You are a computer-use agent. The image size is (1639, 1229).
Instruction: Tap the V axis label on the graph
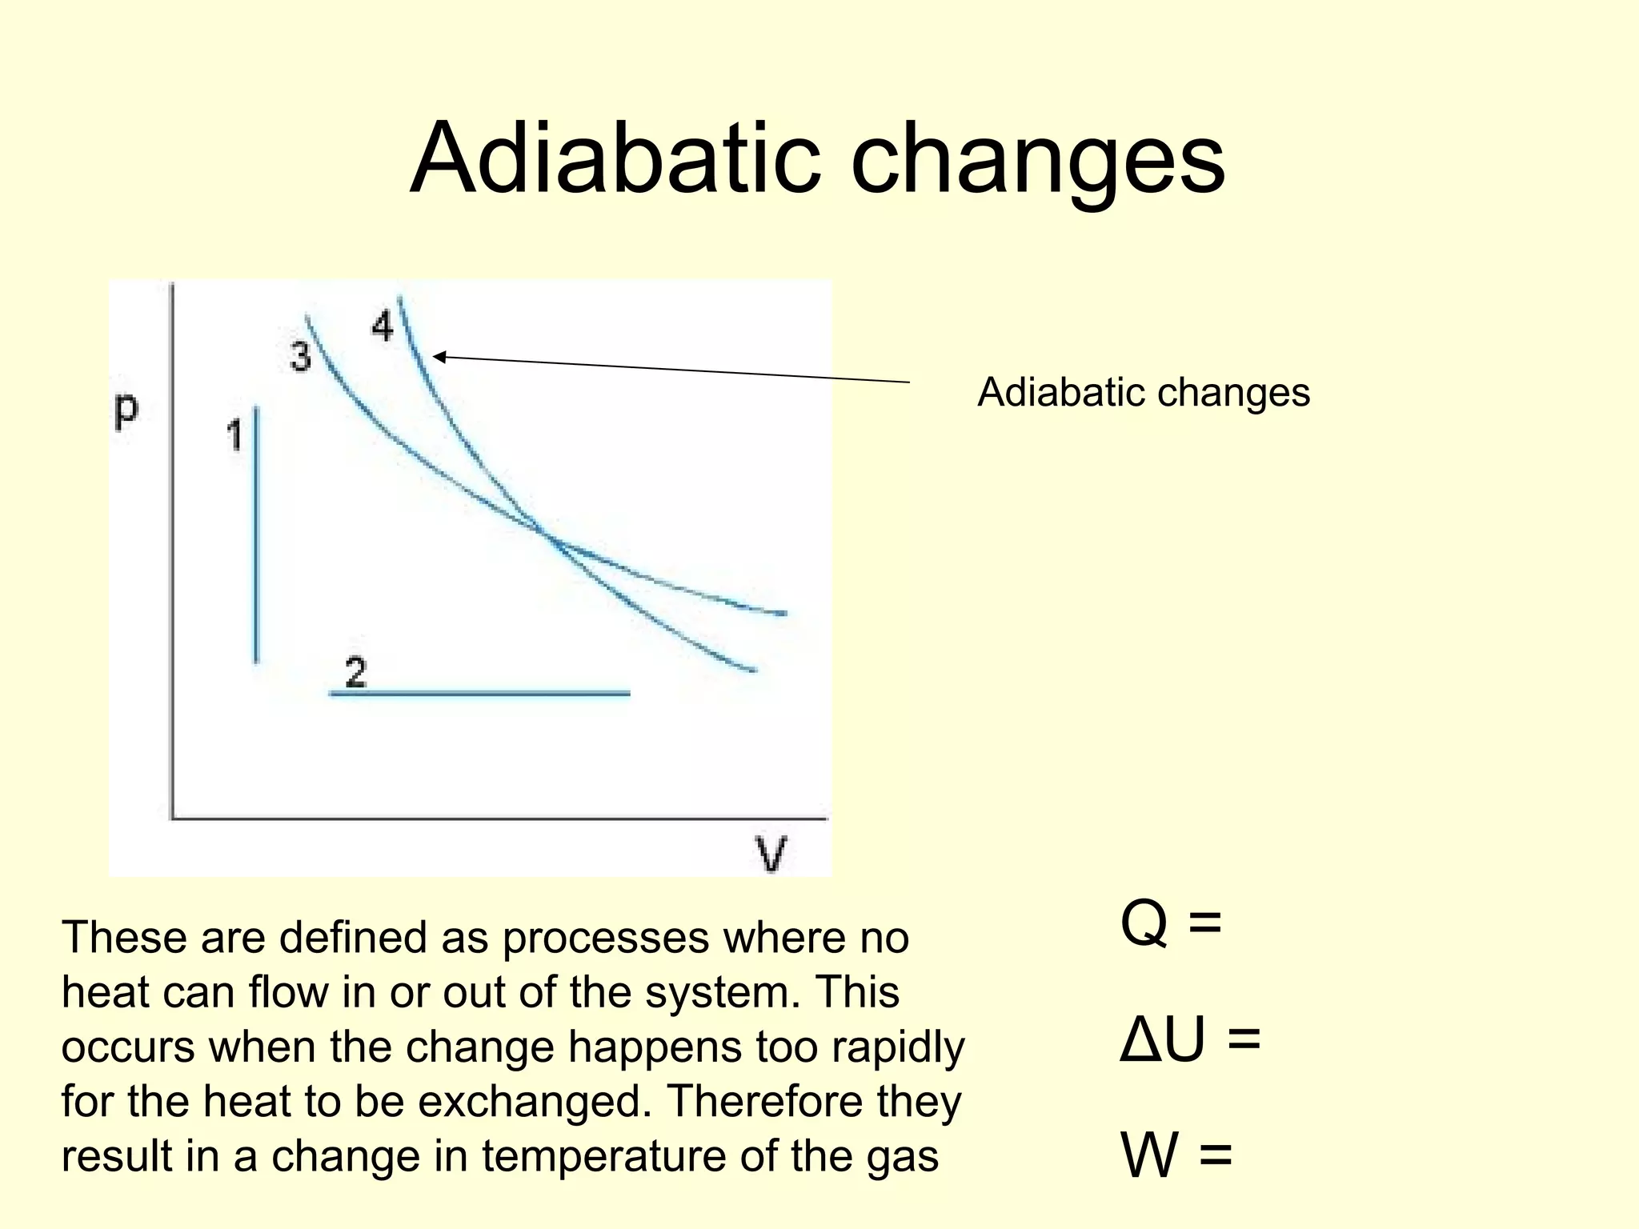771,854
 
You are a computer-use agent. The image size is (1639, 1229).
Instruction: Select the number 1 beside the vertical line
234,436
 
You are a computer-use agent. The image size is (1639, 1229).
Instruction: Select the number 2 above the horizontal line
355,672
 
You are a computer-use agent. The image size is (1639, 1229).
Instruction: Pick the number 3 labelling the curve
300,357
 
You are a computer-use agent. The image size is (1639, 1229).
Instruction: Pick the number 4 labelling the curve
383,326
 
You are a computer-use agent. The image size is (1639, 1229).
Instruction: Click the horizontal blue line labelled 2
480,693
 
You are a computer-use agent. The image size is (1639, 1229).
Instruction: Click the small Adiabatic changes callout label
1143,393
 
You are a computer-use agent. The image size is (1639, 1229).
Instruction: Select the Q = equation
1170,923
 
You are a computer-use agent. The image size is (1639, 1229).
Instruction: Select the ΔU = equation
1189,1040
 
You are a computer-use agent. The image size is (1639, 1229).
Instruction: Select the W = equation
1175,1155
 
